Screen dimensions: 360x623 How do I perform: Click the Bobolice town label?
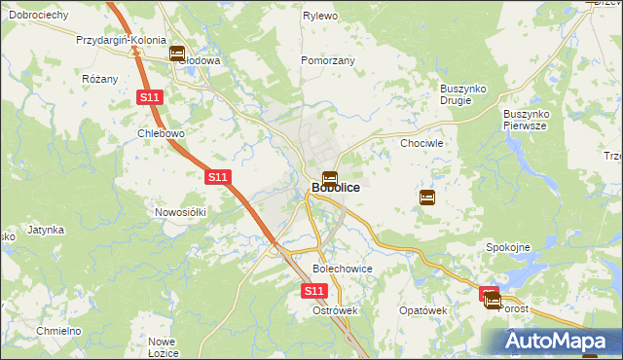coord(336,187)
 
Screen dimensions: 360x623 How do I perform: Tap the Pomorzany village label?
coord(328,60)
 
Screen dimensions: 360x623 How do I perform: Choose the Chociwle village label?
coord(422,143)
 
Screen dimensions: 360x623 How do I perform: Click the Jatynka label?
coord(46,231)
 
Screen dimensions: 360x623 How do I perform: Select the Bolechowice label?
coord(342,268)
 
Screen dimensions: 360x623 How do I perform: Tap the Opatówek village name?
coord(422,310)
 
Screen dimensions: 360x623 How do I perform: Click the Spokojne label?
coord(507,247)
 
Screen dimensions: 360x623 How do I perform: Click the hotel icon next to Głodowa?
coord(177,54)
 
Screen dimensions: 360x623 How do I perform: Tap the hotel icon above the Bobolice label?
coord(330,179)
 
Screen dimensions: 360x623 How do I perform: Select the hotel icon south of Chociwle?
coord(427,198)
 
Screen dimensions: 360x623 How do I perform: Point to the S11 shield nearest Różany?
coord(148,98)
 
